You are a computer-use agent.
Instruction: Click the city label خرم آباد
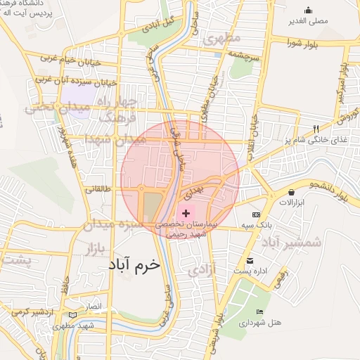coord(135,265)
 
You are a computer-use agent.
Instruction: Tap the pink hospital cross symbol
coord(186,213)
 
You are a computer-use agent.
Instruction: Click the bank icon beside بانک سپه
coord(256,214)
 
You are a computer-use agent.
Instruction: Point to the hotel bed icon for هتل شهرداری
coord(260,311)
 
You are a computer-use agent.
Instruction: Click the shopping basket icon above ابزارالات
coord(291,192)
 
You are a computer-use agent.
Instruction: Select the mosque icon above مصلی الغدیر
coord(308,10)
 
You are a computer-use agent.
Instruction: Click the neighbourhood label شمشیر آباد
coord(292,243)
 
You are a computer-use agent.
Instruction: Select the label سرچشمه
coord(245,53)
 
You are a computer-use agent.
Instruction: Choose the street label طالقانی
coord(98,188)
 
